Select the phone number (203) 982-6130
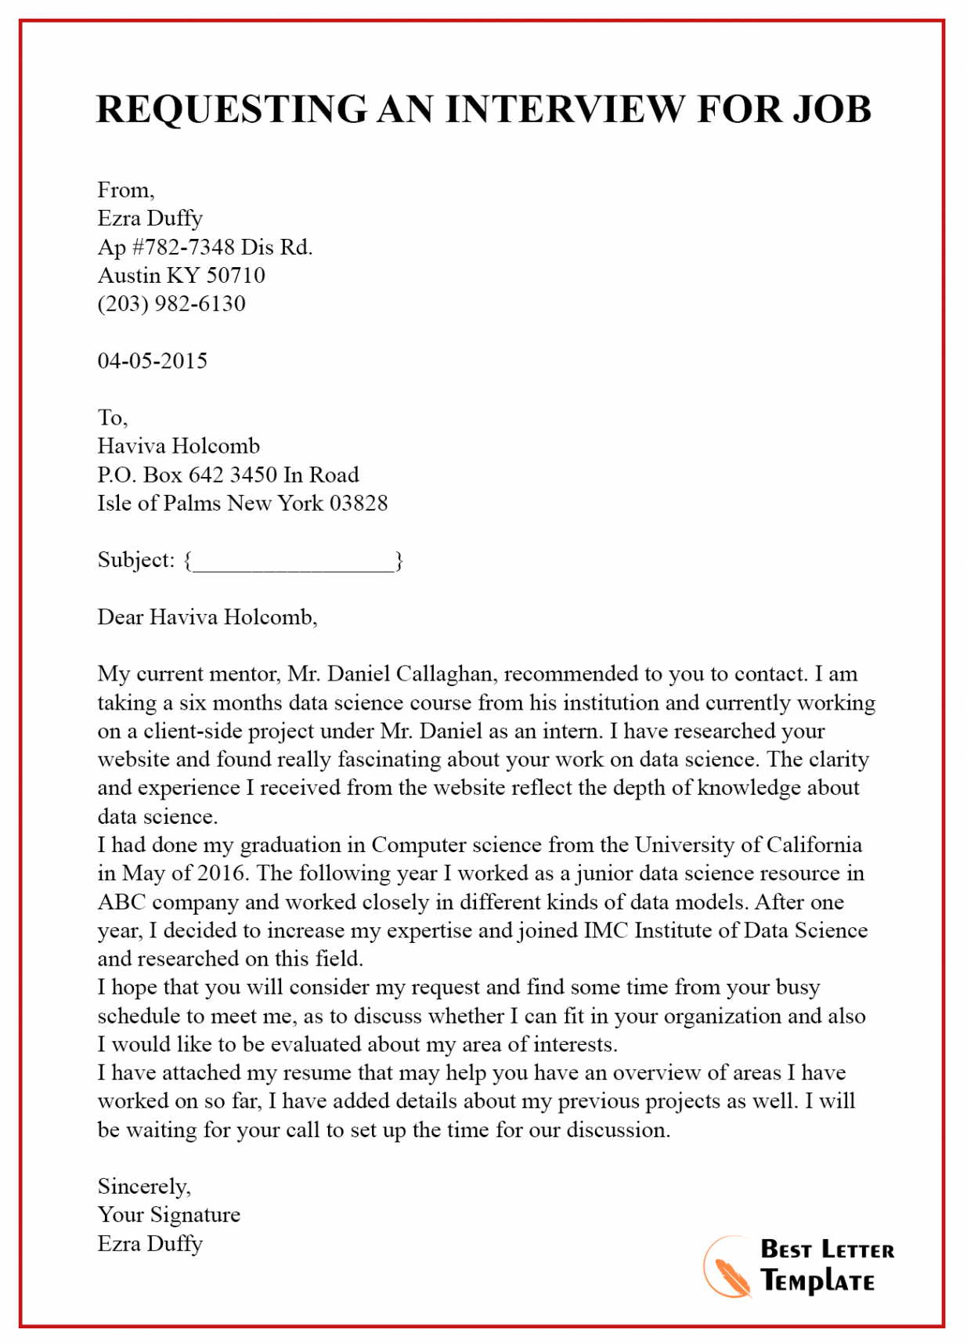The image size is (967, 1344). (x=171, y=304)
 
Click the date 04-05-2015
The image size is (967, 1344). (x=152, y=361)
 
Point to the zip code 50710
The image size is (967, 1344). (x=236, y=276)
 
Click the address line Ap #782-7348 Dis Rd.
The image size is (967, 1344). (x=204, y=247)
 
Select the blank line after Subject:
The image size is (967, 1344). (x=293, y=562)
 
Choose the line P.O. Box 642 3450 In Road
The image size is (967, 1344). (x=228, y=475)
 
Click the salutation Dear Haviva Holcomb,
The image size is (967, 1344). (x=207, y=617)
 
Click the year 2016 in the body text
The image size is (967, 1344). (x=222, y=873)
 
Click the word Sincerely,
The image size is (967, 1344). (x=144, y=1187)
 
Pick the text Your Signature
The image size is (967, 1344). (x=168, y=1215)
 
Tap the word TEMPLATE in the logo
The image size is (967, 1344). (x=817, y=1282)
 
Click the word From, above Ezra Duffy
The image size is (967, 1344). (x=125, y=190)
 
